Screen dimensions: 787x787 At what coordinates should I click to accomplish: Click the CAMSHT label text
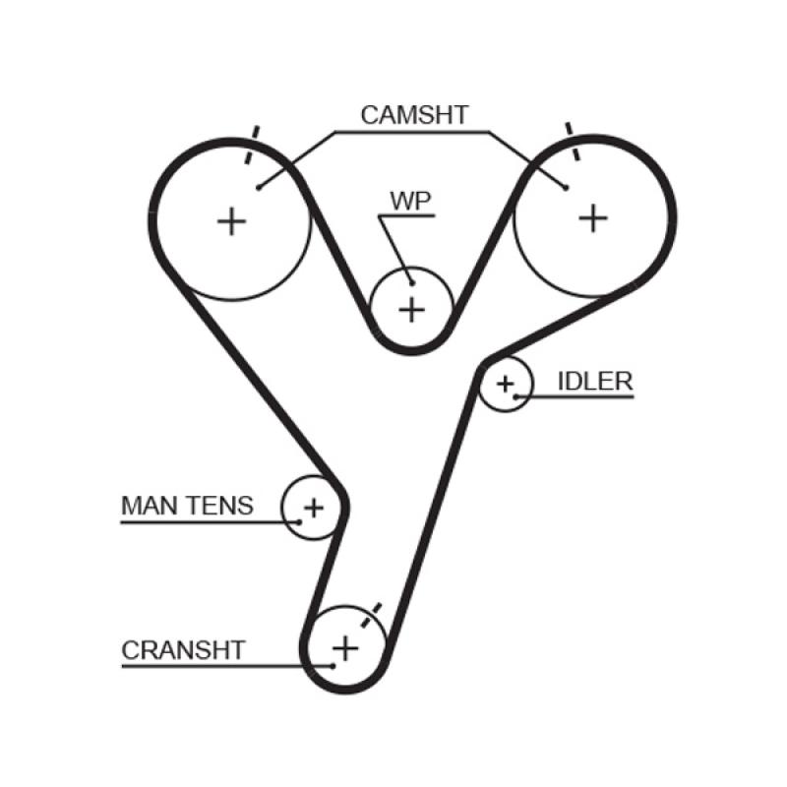coord(413,115)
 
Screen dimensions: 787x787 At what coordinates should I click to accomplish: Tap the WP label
coord(410,200)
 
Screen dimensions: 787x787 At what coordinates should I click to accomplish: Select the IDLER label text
coord(594,382)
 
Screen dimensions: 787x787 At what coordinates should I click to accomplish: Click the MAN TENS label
coord(187,506)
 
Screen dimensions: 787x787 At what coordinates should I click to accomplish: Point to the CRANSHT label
coord(183,650)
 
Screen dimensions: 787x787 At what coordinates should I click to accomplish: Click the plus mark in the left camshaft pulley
coord(232,220)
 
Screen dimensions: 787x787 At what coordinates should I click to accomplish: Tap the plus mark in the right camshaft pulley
coord(592,217)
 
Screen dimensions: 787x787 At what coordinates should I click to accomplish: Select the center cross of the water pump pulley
coord(411,310)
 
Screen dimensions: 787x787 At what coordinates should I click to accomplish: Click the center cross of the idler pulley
coord(506,384)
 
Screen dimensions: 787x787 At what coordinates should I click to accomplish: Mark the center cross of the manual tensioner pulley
coord(313,508)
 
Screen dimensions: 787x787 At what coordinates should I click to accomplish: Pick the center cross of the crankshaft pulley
coord(345,648)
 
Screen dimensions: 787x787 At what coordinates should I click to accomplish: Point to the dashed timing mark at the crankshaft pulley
coord(372,616)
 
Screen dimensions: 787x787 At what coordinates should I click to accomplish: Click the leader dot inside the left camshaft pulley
coord(258,186)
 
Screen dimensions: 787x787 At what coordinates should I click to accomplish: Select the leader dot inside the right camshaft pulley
coord(567,187)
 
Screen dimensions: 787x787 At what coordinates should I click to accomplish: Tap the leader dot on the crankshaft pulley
coord(333,666)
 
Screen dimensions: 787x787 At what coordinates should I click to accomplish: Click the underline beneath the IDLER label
coord(580,397)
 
